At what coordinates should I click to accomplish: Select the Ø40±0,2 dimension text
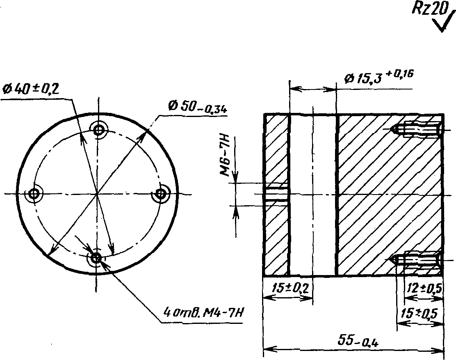[x=30, y=89]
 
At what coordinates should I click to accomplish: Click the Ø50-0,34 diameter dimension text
[x=198, y=107]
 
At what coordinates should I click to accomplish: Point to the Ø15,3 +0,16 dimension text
[x=378, y=76]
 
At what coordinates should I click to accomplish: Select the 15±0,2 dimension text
[x=290, y=289]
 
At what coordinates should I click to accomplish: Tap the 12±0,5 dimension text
[x=424, y=288]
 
